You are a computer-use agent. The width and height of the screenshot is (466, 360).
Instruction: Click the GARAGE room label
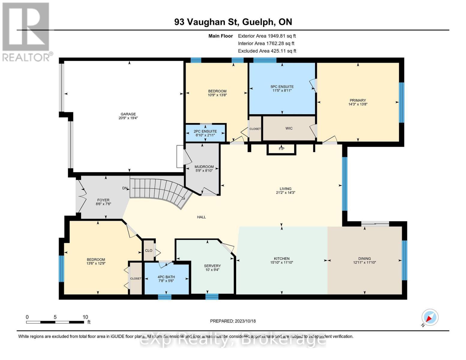(x=128, y=114)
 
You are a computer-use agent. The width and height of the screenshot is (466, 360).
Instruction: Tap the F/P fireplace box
(x=281, y=149)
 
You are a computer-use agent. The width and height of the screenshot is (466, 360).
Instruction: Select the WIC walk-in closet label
(x=289, y=128)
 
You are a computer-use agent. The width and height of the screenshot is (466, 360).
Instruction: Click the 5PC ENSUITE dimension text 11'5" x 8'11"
(x=282, y=90)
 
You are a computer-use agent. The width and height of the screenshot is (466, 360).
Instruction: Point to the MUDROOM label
(x=204, y=167)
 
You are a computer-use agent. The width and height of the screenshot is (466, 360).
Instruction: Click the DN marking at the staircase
(x=125, y=188)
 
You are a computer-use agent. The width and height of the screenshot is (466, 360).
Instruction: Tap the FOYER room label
(x=103, y=200)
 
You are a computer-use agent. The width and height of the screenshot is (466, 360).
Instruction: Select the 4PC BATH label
(x=166, y=277)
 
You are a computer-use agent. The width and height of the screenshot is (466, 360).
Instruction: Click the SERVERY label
(x=212, y=266)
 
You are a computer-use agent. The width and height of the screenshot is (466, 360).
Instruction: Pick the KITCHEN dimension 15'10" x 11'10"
(x=281, y=262)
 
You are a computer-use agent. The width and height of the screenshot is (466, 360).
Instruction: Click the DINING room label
(x=365, y=259)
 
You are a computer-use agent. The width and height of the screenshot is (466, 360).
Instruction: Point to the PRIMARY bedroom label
(x=358, y=100)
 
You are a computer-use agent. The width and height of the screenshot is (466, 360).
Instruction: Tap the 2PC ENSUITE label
(x=205, y=131)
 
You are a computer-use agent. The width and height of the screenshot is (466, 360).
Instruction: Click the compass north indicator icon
(x=430, y=317)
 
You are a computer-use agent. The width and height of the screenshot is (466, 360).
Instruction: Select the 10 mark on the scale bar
(x=85, y=317)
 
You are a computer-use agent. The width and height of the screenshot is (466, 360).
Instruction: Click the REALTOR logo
(x=26, y=31)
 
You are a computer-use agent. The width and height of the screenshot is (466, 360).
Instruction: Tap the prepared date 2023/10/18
(x=245, y=321)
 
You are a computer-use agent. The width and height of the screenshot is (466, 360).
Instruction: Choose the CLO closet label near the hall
(x=149, y=250)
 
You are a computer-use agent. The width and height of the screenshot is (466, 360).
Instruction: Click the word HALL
(x=201, y=217)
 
